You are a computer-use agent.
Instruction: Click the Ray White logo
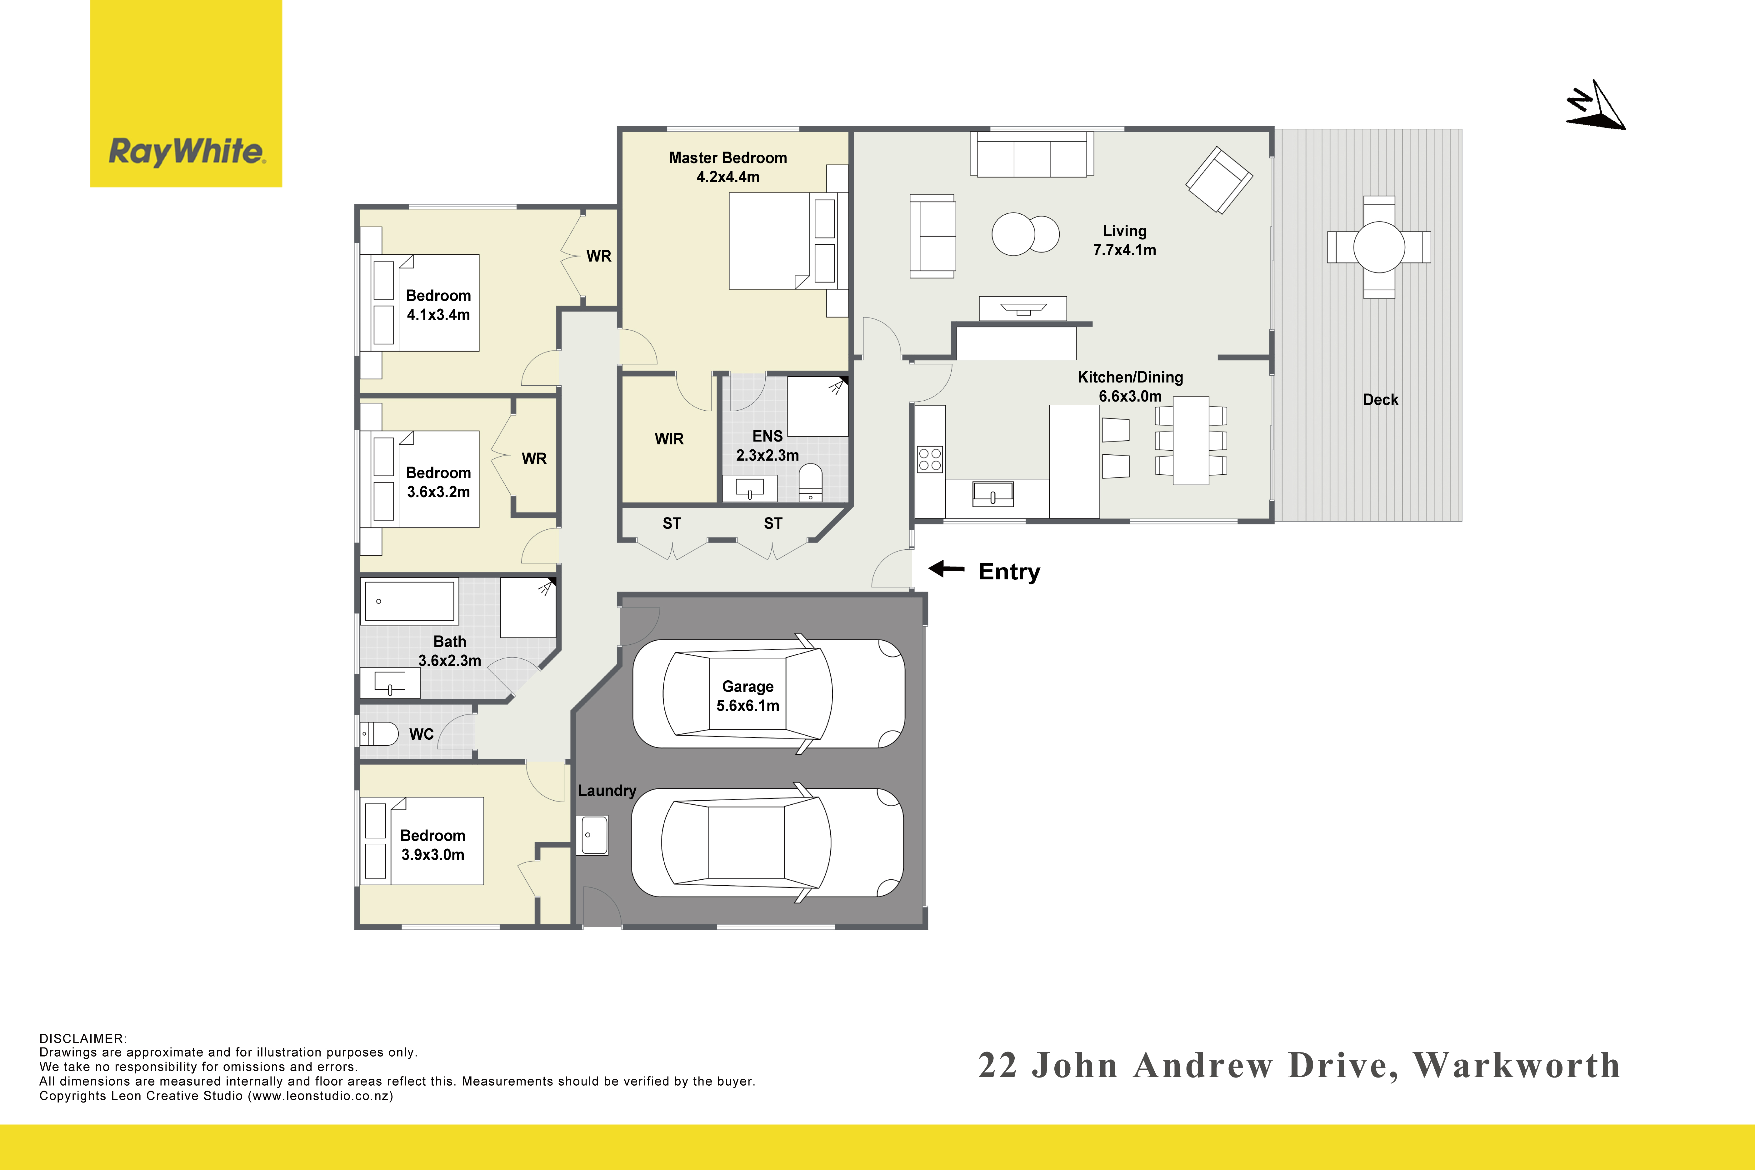pyautogui.click(x=186, y=93)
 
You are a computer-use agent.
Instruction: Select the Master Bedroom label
pyautogui.click(x=727, y=167)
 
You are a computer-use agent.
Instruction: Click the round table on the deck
pyautogui.click(x=1379, y=247)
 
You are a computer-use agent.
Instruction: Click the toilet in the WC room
pyautogui.click(x=379, y=733)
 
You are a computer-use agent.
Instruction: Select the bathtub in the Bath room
pyautogui.click(x=410, y=601)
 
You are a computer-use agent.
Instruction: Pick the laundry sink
pyautogui.click(x=594, y=835)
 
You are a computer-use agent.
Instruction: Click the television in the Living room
pyautogui.click(x=1023, y=308)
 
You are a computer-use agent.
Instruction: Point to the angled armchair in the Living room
pyautogui.click(x=1219, y=180)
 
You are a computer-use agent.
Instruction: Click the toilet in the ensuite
pyautogui.click(x=810, y=483)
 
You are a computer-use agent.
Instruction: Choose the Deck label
pyautogui.click(x=1380, y=400)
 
